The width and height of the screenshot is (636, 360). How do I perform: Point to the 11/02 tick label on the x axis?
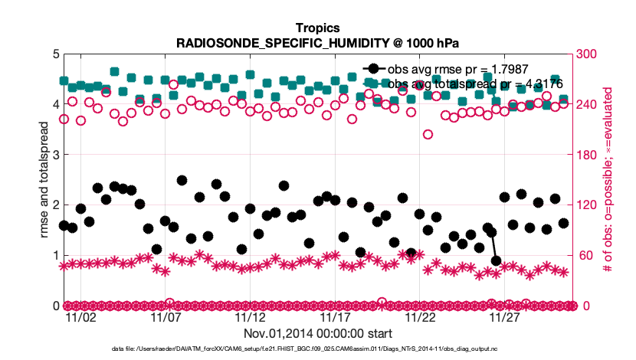pos(81,317)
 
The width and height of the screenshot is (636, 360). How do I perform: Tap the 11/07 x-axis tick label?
pos(166,317)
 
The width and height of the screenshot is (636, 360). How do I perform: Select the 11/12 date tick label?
pos(251,317)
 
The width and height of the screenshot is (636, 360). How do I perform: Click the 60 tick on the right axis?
pos(588,256)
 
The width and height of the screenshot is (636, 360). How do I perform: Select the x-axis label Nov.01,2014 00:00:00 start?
pos(317,334)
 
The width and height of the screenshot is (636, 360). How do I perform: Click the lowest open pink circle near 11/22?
pos(428,134)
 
